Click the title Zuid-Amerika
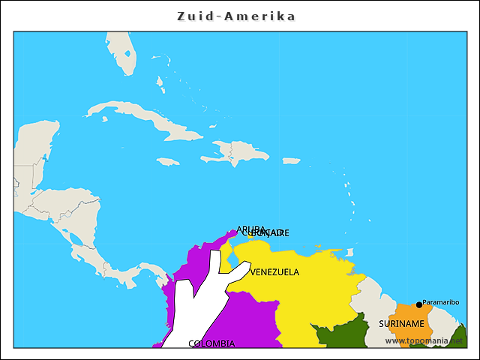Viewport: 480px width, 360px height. point(236,16)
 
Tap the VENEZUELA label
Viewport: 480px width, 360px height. point(274,272)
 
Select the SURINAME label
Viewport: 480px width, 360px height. point(401,324)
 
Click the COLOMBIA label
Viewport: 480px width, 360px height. point(211,343)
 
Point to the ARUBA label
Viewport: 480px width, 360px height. point(250,229)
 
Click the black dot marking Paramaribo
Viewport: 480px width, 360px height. point(418,304)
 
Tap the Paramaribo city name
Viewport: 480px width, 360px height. point(441,302)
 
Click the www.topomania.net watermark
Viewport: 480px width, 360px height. point(424,340)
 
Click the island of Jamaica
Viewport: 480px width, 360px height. point(168,161)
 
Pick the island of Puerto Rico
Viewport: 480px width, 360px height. point(291,160)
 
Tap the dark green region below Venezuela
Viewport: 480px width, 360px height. point(337,334)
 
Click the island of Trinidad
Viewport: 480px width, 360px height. point(348,253)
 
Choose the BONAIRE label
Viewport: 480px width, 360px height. point(271,233)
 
